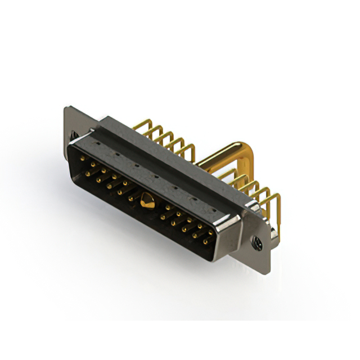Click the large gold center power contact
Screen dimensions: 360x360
[148, 200]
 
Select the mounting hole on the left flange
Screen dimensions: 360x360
[73, 134]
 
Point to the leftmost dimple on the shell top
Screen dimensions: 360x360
[97, 144]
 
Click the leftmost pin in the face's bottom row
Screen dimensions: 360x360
[87, 173]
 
